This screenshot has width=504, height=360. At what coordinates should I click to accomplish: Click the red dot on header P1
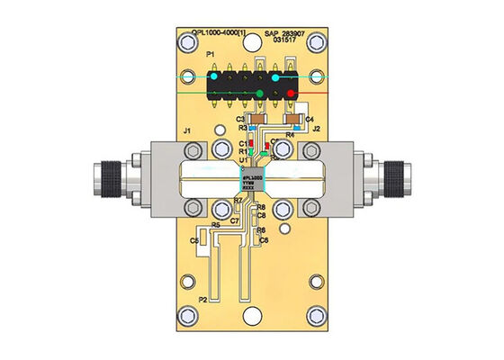point(291,92)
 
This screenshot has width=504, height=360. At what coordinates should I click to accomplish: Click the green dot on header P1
point(260,93)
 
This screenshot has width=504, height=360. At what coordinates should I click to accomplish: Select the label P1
point(212,56)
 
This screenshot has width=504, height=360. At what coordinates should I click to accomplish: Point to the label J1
point(187,132)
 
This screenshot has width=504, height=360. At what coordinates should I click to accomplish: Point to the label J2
point(316,130)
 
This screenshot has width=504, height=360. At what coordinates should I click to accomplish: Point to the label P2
point(203,299)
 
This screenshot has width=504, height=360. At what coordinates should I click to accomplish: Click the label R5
point(216,225)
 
